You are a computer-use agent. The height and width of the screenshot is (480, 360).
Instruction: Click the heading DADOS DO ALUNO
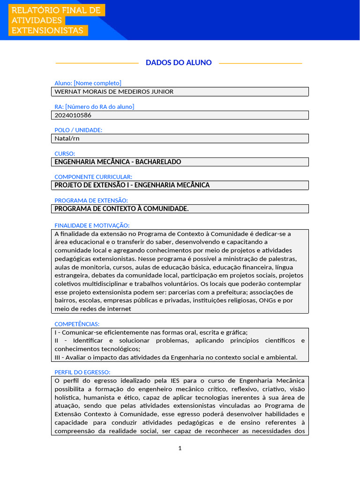point(179,63)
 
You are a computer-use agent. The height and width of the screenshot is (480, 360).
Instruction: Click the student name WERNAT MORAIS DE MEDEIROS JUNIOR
point(114,91)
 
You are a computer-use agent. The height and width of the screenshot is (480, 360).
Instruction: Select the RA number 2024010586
point(73,115)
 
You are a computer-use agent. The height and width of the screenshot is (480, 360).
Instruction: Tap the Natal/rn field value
point(64,138)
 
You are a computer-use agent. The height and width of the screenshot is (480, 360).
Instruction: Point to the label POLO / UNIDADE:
point(78,130)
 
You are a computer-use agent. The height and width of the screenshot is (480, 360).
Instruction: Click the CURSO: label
point(65,153)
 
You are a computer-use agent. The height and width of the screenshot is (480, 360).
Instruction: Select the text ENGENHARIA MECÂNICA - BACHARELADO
point(118,162)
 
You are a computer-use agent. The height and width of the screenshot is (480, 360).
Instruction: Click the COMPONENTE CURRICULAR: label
point(93,177)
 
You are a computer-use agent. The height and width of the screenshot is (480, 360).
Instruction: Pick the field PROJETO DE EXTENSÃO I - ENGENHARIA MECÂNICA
point(132,185)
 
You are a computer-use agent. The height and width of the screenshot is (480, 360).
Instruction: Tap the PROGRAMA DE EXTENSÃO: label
point(91,200)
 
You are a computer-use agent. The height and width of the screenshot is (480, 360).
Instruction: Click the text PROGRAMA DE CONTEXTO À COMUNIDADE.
point(121,209)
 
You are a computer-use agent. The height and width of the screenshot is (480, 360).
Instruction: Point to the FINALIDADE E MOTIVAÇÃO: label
point(92,225)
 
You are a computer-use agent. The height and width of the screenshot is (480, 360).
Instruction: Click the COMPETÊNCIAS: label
point(77,324)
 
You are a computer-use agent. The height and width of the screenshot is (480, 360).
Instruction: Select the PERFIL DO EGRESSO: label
point(82,372)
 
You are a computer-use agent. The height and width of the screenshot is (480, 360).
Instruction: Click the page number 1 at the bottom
point(180,448)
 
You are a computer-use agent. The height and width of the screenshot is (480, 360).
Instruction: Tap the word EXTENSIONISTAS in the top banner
point(47,30)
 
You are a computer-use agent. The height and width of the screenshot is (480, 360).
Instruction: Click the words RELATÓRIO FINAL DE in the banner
point(56,10)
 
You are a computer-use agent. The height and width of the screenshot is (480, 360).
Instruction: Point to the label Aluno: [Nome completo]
point(88,83)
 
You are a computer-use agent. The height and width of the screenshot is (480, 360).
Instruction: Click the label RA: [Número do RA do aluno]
point(94,106)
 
